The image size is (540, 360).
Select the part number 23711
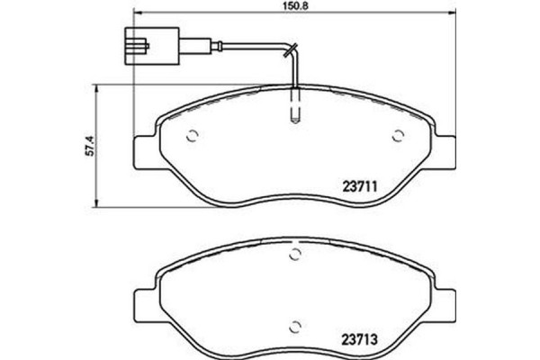click(364, 189)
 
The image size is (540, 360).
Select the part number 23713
click(364, 340)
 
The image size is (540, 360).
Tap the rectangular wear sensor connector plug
click(143, 42)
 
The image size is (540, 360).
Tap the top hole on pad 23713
click(294, 257)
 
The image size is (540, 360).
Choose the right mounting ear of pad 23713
click(445, 300)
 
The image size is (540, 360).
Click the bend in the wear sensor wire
click(290, 47)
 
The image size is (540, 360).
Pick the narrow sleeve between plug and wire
click(171, 42)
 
